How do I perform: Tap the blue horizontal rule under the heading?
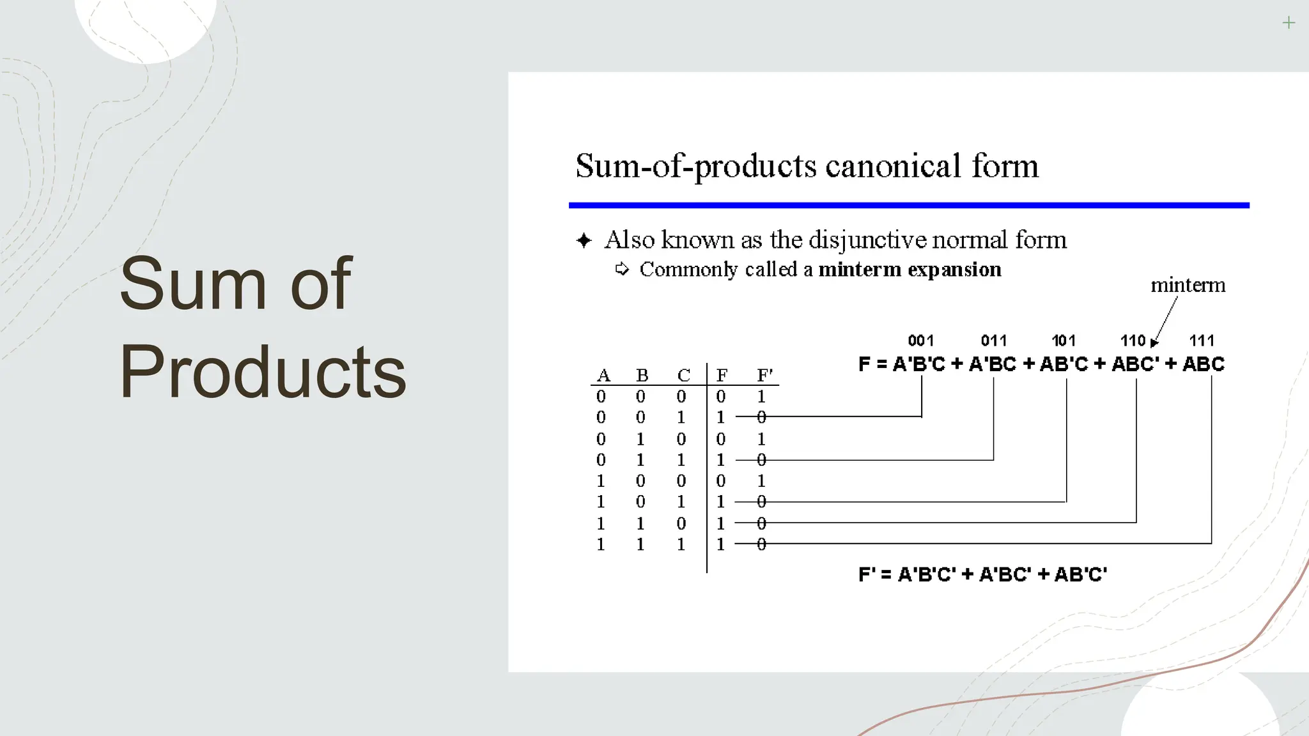click(908, 205)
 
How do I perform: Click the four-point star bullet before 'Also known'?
click(584, 241)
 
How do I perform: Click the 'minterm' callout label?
click(1188, 285)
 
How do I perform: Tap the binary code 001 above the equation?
click(920, 341)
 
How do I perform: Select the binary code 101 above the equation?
click(1064, 341)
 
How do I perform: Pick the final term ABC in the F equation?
click(1203, 364)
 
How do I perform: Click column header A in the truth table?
click(603, 375)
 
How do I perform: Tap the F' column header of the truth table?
click(764, 375)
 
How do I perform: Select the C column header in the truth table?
click(683, 375)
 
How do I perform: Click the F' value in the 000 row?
click(761, 397)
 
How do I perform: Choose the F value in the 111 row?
click(721, 544)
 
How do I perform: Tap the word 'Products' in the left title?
click(263, 371)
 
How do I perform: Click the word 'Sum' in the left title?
click(192, 283)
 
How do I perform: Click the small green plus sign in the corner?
click(1289, 23)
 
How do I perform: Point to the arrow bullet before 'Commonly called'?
click(622, 269)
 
